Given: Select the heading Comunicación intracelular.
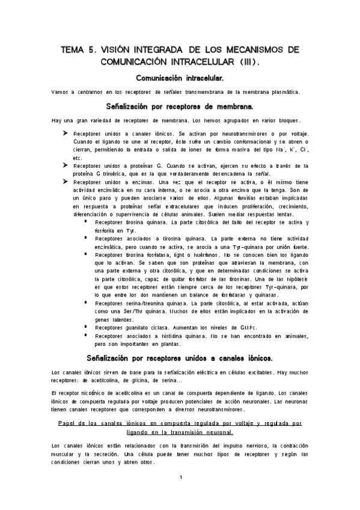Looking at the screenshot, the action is coord(180,78).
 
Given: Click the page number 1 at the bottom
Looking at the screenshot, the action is coord(180,478).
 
